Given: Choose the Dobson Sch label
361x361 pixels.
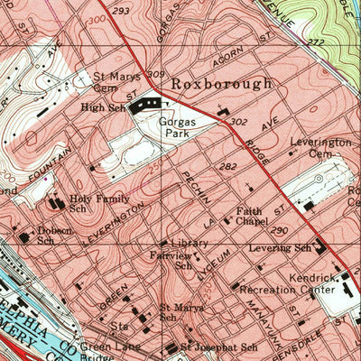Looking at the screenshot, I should click(53, 235).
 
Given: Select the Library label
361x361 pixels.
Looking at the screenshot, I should click(188, 243).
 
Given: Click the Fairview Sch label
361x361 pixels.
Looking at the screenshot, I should click(171, 260).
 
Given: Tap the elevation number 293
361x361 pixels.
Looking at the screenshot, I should click(122, 10).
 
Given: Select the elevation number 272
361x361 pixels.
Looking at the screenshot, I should click(314, 42).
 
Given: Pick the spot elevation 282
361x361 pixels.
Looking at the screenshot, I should click(227, 167).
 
